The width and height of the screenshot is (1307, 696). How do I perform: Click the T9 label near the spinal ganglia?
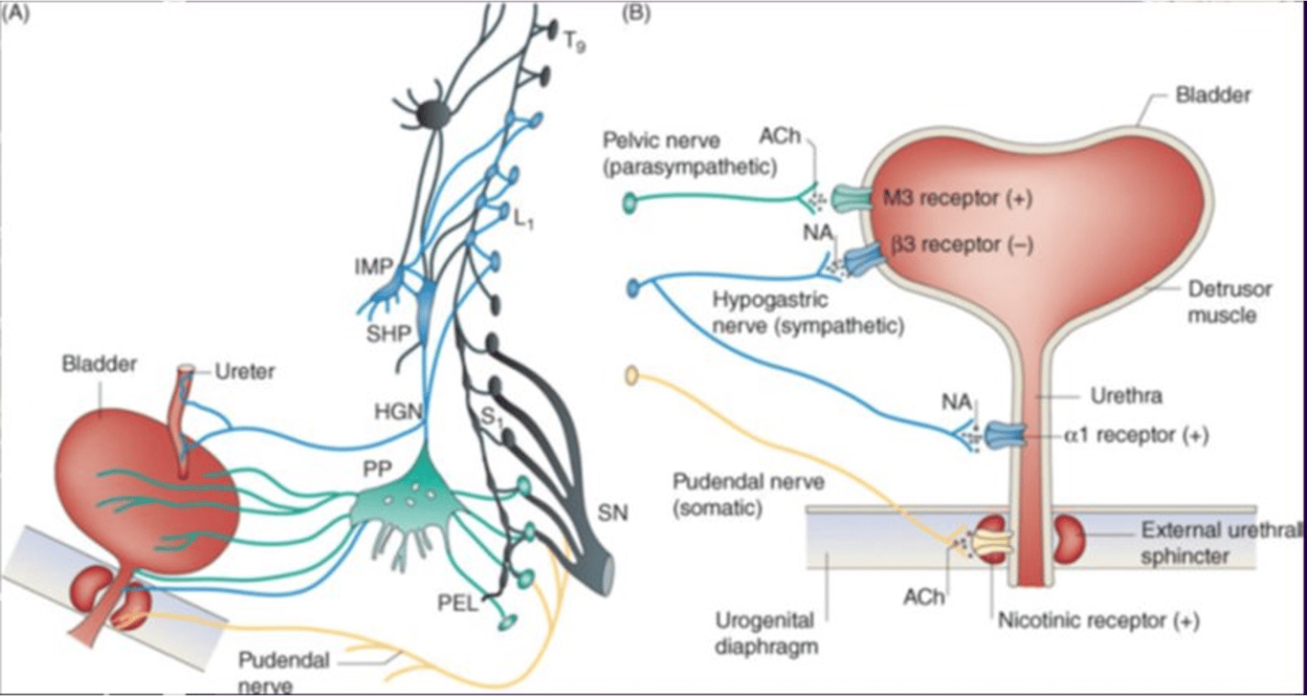tap(574, 42)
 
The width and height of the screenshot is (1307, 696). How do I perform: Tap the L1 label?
tap(522, 218)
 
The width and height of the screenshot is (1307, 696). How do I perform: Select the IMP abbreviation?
tap(373, 267)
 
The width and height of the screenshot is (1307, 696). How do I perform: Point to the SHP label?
tap(388, 334)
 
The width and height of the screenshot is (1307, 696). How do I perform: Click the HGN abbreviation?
tap(398, 411)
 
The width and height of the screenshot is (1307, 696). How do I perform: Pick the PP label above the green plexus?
tap(376, 468)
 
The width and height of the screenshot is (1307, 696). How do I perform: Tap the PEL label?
tap(457, 604)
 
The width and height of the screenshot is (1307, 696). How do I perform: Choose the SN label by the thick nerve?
tap(612, 513)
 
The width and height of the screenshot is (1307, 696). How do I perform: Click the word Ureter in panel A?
tap(245, 371)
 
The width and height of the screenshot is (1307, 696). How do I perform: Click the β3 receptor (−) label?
tap(963, 245)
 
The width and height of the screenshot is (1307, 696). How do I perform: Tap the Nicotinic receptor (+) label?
tap(1098, 620)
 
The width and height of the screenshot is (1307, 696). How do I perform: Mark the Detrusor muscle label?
tap(1230, 302)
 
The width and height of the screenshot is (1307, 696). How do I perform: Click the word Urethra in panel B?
tap(1126, 396)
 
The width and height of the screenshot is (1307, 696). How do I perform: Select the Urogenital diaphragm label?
tap(766, 634)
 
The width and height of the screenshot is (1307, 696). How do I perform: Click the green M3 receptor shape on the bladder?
tap(852, 198)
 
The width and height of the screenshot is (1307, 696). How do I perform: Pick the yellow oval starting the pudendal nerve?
tap(631, 376)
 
